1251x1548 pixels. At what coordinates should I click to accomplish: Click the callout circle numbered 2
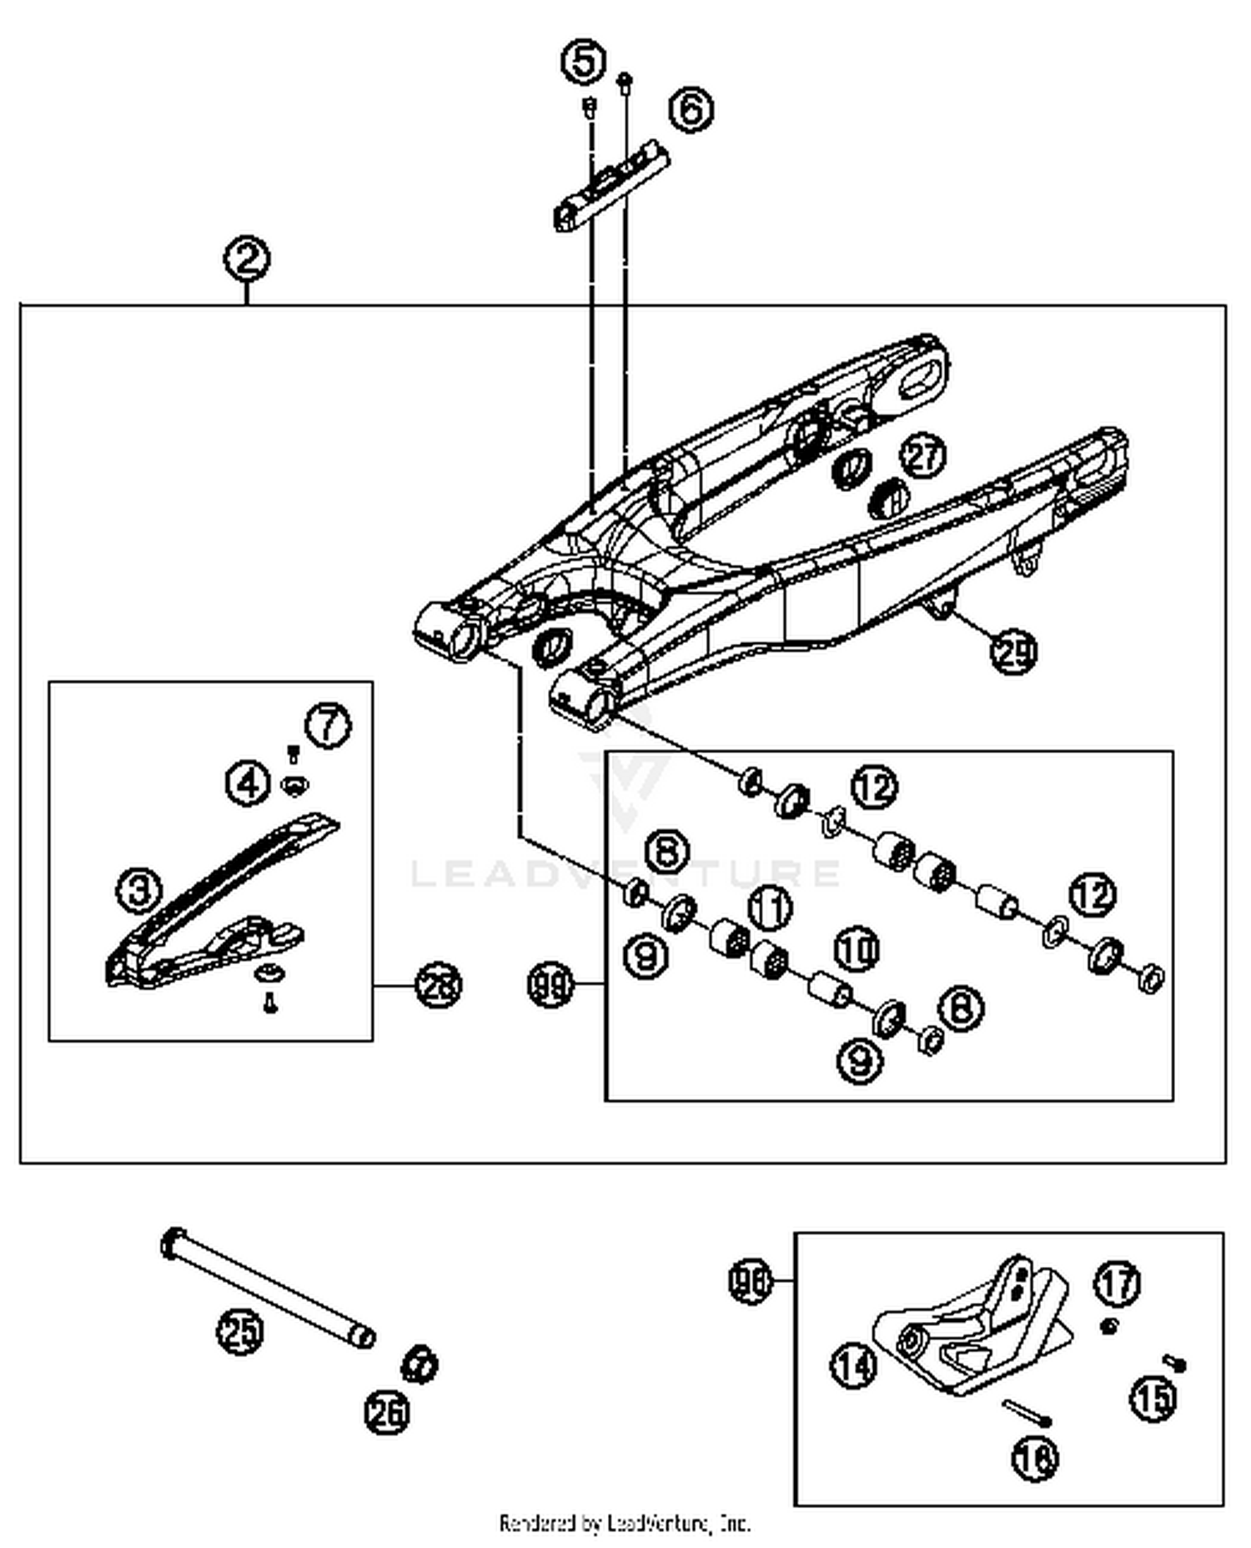tap(246, 259)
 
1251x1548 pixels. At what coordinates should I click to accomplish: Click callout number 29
tap(1013, 651)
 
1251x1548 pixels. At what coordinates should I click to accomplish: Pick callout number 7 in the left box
tap(328, 725)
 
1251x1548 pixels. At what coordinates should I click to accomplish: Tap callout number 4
tap(248, 783)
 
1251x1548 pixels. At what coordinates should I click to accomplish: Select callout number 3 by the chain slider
tap(139, 889)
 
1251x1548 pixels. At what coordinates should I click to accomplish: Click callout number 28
tap(439, 986)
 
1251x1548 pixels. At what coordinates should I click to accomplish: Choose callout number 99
tap(551, 986)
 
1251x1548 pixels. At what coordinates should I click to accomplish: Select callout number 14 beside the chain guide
tap(853, 1366)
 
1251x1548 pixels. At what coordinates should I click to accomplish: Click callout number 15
tap(1154, 1397)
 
